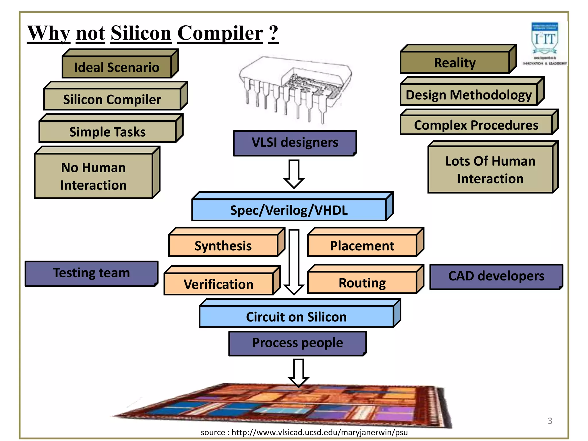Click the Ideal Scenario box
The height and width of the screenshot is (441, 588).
tap(117, 67)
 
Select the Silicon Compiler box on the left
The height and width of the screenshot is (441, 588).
tap(112, 99)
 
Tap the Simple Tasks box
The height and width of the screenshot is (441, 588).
tap(108, 132)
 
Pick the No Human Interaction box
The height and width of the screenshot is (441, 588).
tap(94, 176)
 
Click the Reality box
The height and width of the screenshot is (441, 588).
tap(455, 63)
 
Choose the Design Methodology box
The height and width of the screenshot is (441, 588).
tap(469, 95)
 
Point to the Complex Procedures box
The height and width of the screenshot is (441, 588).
tap(476, 125)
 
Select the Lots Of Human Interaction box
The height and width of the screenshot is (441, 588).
tap(490, 170)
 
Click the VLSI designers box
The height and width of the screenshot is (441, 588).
tap(295, 143)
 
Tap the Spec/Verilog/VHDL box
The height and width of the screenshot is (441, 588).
tap(289, 210)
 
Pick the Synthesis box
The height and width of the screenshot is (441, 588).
tap(223, 246)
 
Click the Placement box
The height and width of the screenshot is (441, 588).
tap(362, 246)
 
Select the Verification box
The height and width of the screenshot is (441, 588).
tap(218, 284)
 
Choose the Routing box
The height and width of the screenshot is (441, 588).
tap(362, 283)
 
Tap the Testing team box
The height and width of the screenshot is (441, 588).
tap(91, 273)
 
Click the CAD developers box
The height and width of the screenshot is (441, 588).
tap(496, 276)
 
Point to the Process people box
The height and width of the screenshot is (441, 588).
tap(297, 343)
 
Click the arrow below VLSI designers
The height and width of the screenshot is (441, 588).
tap(294, 174)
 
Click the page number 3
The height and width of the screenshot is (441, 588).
tap(550, 421)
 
